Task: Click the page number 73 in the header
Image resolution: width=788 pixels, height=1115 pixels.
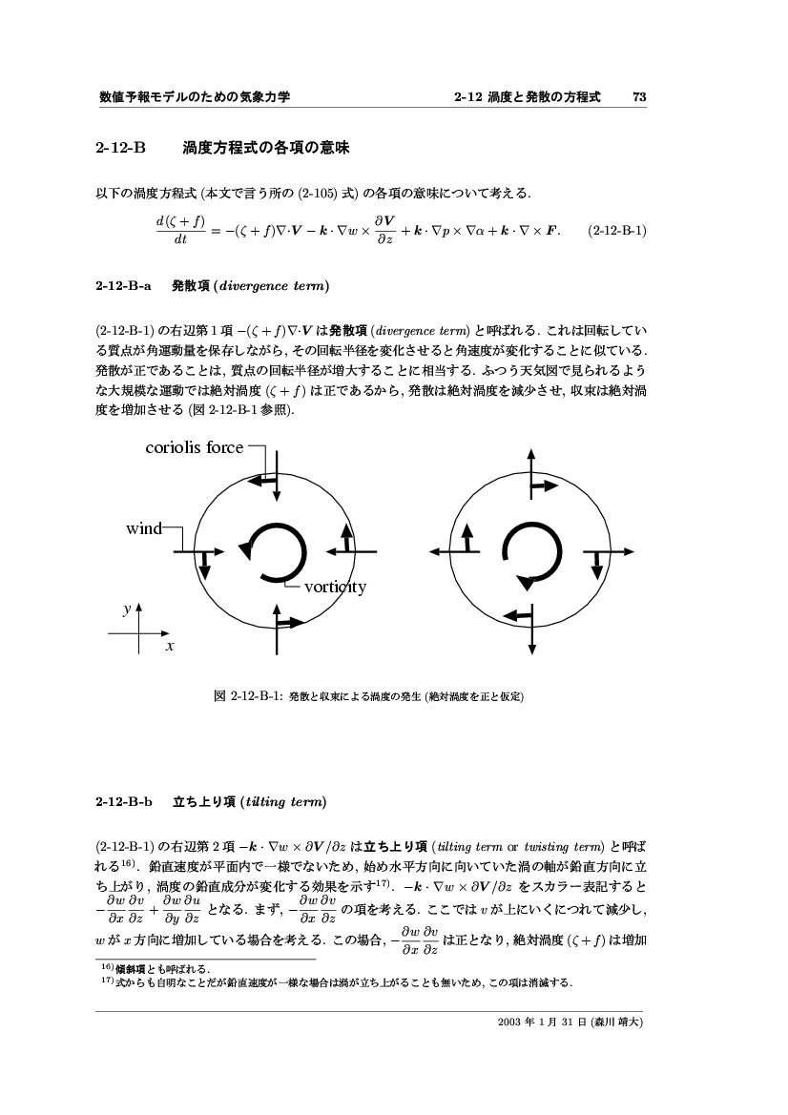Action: click(640, 97)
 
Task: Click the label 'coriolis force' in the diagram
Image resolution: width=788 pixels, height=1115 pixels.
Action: click(194, 446)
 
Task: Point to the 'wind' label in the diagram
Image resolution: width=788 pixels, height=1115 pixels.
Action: click(144, 527)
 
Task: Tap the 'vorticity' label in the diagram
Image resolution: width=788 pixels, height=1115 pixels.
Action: click(334, 587)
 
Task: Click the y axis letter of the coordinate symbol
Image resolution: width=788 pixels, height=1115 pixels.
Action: click(126, 607)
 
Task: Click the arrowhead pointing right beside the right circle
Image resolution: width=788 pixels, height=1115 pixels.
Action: click(629, 551)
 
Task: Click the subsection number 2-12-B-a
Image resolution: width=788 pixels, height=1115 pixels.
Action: click(123, 285)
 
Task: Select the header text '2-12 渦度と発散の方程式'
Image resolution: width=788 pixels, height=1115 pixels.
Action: click(527, 97)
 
